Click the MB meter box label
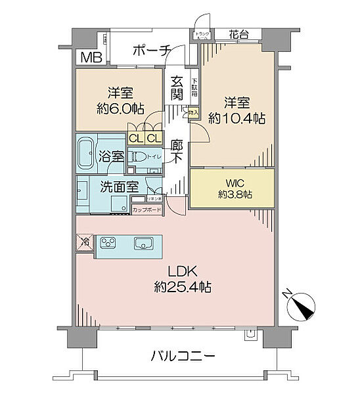click(91, 57)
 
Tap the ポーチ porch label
click(152, 50)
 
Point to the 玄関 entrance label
click(176, 89)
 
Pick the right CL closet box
click(153, 139)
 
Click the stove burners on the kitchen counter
click(109, 244)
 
